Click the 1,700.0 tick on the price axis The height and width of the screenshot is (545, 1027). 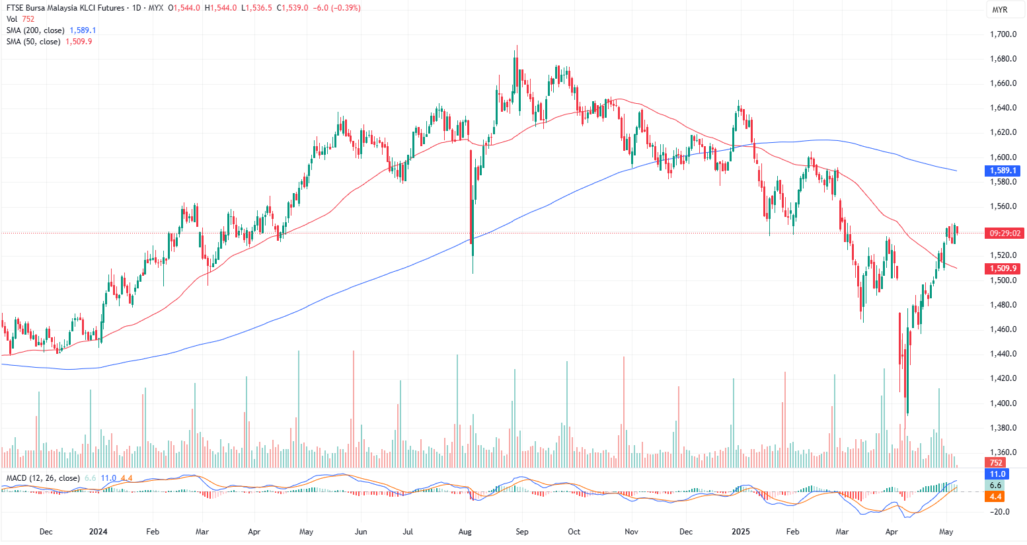click(x=1003, y=34)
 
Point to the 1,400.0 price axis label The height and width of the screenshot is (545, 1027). click(x=1003, y=403)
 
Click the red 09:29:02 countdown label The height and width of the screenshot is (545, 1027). click(x=1005, y=233)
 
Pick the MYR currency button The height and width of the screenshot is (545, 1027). click(x=1000, y=10)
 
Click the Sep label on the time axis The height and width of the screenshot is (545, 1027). click(x=522, y=532)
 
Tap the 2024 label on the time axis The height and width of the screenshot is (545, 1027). click(x=98, y=532)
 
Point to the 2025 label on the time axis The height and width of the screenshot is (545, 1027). click(x=740, y=532)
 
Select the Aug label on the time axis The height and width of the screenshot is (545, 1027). click(x=465, y=532)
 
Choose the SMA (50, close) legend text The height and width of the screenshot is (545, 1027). click(x=34, y=42)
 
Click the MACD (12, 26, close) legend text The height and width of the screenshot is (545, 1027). click(x=43, y=478)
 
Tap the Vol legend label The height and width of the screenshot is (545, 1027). click(x=12, y=19)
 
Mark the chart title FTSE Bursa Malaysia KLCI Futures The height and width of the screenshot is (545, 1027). click(x=65, y=8)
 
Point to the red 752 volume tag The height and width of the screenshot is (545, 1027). click(x=995, y=463)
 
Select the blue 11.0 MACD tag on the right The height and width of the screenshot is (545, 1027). click(x=997, y=474)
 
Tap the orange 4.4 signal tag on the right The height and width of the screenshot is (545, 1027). click(x=995, y=497)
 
